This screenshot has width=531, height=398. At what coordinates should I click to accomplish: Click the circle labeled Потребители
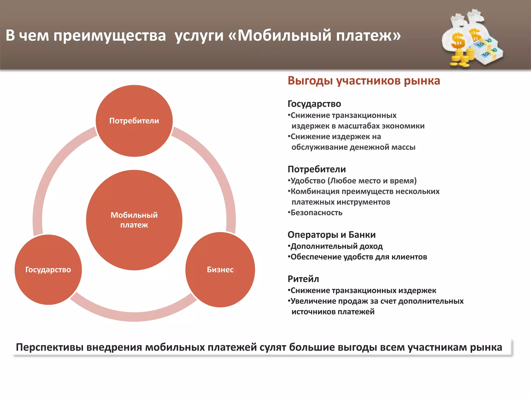pos(134,121)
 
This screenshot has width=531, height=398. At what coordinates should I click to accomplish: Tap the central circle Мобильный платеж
pos(134,220)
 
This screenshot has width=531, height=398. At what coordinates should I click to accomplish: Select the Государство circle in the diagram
pos(48,270)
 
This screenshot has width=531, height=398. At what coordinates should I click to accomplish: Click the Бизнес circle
pos(220,270)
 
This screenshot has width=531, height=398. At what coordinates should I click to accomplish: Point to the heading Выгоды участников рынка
pos(364,81)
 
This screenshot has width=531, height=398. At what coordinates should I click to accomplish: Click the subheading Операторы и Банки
pos(331,235)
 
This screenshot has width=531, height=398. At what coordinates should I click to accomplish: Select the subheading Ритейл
pos(303,279)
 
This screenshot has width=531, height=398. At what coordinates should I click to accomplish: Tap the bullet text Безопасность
pos(316,213)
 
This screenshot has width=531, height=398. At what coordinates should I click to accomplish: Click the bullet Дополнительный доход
pos(336,246)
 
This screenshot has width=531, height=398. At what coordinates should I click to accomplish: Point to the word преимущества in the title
pos(109,36)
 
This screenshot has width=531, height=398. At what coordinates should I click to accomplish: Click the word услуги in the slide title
pos(199,36)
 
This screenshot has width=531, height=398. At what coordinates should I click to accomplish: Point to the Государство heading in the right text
pos(314,104)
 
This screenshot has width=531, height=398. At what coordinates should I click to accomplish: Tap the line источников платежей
pos(333,312)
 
